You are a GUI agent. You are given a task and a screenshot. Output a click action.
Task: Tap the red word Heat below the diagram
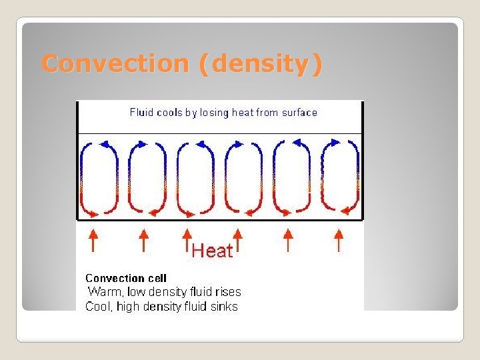coord(213,251)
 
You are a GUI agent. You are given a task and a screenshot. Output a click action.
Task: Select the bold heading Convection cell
coord(126,278)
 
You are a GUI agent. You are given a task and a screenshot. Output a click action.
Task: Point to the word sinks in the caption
coord(223,307)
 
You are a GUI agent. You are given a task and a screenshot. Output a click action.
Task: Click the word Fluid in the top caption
coord(142,113)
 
